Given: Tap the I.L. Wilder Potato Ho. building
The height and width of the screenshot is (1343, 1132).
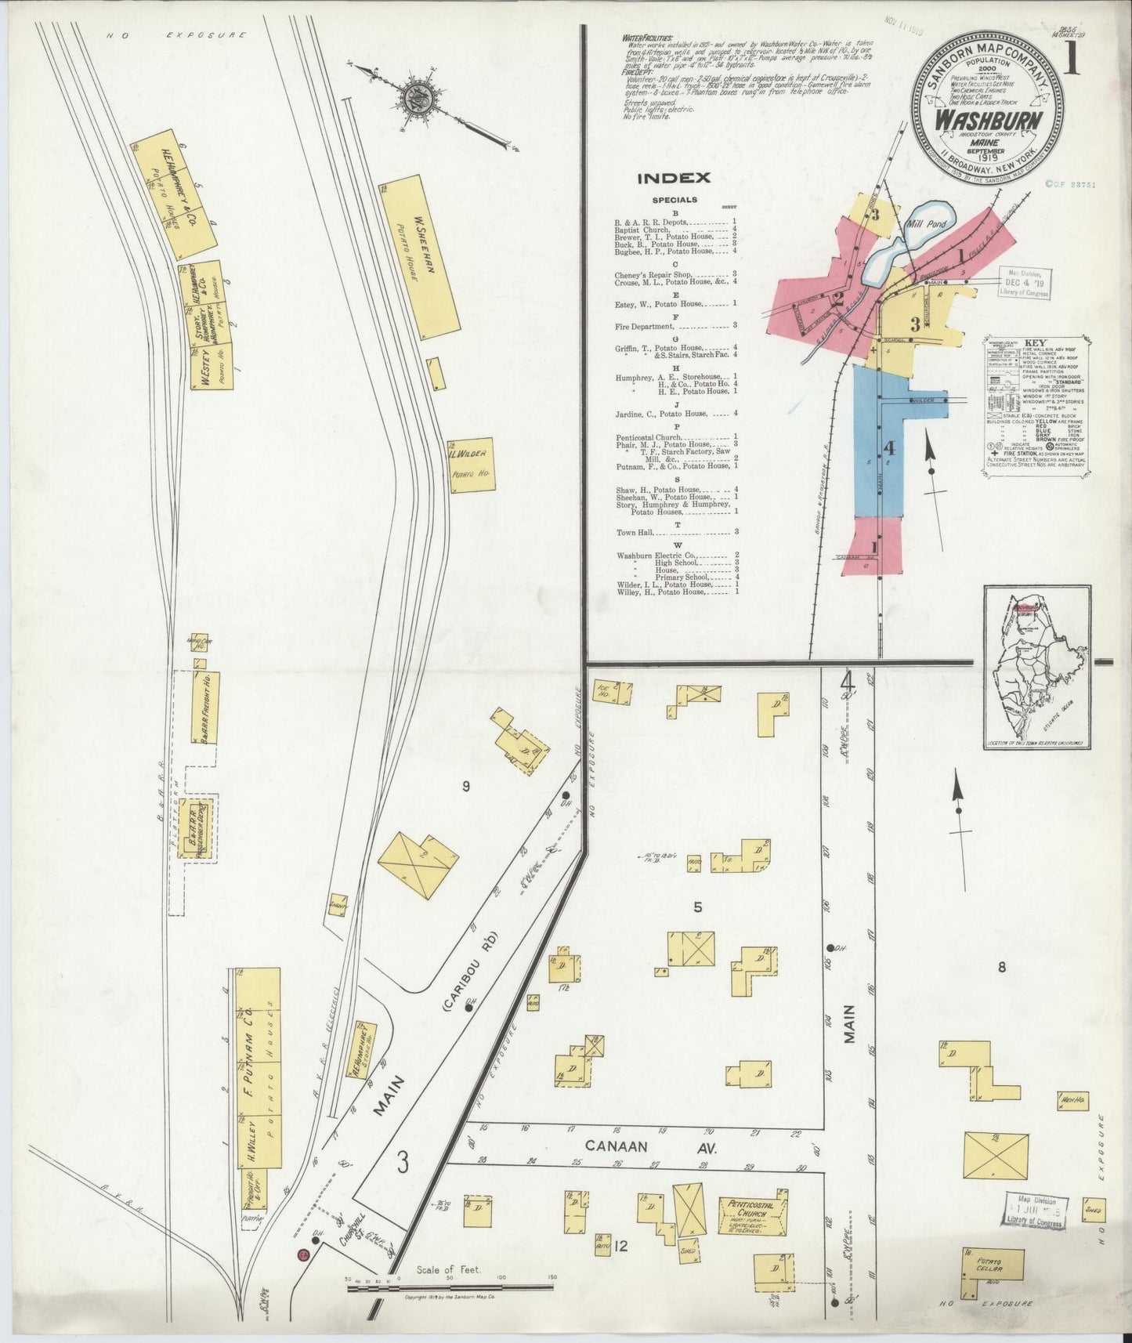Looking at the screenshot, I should click(472, 465).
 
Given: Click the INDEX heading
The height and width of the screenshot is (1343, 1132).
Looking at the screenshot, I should click(674, 178).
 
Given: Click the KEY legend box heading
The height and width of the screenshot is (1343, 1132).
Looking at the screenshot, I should click(1036, 343).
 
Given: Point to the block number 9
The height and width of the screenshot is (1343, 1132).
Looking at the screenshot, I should click(465, 787).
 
